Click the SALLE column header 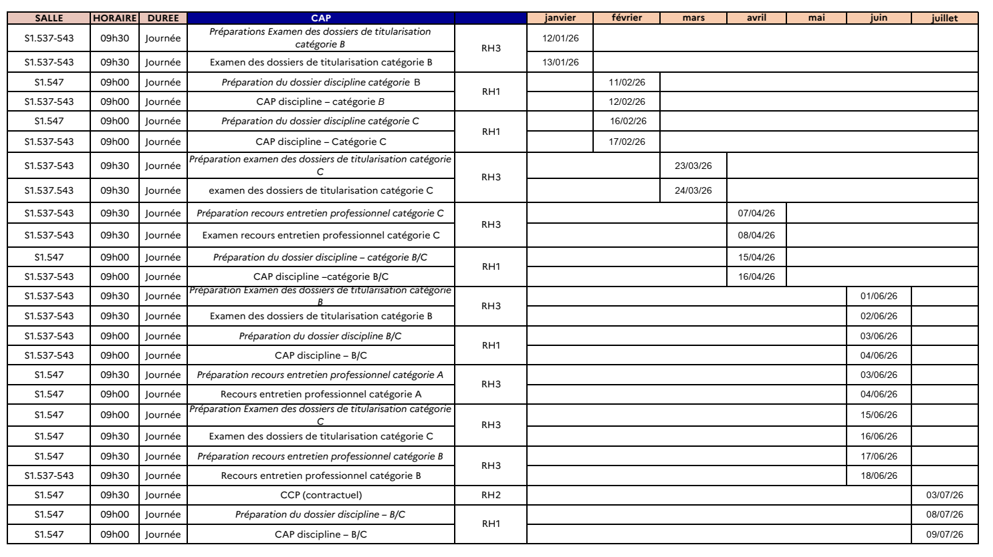[48, 18]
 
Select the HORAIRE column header [115, 18]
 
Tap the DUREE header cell [162, 18]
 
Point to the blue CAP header [321, 18]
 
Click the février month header [627, 18]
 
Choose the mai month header [816, 18]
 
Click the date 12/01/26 [560, 38]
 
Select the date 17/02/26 [627, 141]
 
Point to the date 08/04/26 [756, 235]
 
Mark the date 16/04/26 [756, 276]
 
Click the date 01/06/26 [879, 296]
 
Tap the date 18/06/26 [879, 476]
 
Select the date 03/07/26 [945, 495]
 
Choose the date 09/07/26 [945, 534]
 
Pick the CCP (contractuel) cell [321, 495]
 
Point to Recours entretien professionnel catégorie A [321, 394]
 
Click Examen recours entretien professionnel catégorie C [321, 235]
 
